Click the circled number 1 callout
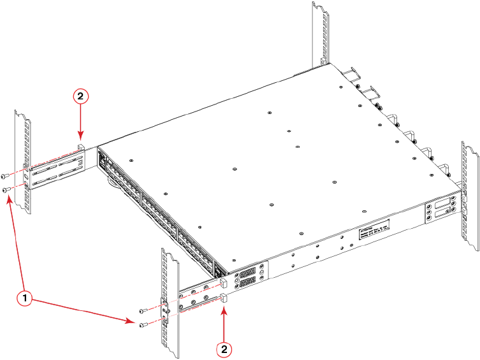click(x=24, y=298)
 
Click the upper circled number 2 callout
click(x=80, y=96)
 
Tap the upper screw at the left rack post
click(x=5, y=176)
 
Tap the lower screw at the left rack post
click(x=5, y=190)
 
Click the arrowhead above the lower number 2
click(x=224, y=309)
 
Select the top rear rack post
click(x=320, y=32)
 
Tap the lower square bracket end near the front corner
click(x=224, y=297)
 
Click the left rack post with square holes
click(x=22, y=162)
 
